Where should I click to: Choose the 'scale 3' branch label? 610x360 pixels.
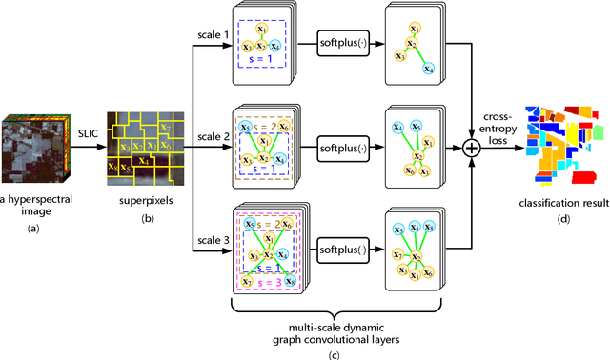pyautogui.click(x=203, y=240)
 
